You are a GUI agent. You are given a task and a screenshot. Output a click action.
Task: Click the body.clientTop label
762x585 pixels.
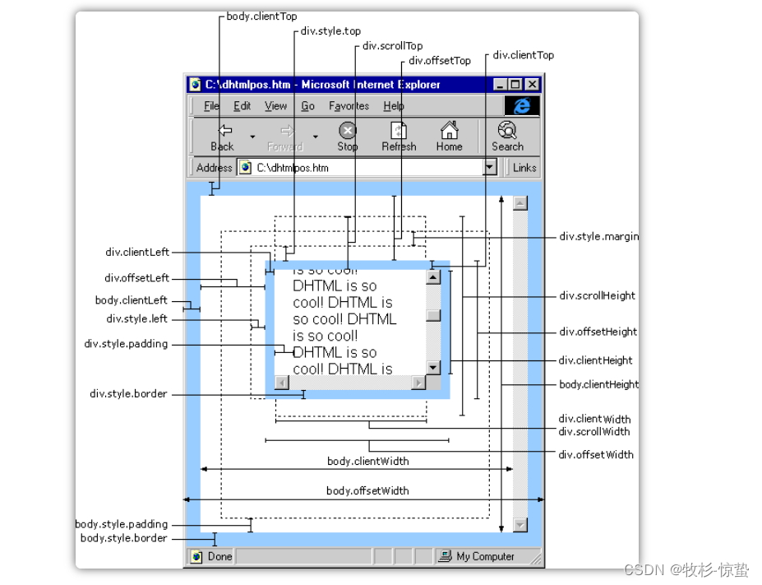click(261, 16)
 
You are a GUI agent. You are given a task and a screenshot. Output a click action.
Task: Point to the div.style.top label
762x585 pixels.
click(330, 31)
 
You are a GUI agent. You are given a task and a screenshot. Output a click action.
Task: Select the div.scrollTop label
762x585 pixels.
click(393, 46)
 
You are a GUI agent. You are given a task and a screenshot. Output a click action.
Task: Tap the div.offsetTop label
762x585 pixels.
click(440, 60)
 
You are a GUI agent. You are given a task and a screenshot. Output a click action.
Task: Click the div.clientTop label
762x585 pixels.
click(524, 55)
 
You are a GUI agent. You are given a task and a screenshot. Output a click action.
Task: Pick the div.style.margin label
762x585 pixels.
click(598, 236)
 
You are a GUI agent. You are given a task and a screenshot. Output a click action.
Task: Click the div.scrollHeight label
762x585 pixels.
click(597, 295)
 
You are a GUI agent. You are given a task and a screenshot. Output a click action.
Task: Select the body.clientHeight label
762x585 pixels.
click(598, 384)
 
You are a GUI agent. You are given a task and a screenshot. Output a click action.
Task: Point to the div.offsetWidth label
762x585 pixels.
click(596, 455)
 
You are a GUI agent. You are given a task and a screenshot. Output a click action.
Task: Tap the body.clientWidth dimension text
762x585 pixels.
click(368, 461)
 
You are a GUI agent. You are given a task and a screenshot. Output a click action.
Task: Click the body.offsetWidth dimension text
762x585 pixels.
click(367, 490)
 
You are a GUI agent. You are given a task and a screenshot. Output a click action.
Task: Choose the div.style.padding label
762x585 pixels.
click(126, 344)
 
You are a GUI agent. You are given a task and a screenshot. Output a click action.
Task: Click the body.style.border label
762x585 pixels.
click(124, 538)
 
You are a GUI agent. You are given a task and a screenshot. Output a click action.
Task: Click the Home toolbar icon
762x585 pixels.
click(449, 130)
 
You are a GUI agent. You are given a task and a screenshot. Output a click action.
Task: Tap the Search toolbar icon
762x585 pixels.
click(507, 130)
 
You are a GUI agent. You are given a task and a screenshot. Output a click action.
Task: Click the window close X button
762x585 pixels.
click(533, 85)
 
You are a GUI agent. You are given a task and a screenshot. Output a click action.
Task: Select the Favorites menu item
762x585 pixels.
click(349, 105)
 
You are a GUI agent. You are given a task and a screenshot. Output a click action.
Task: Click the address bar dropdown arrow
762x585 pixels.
click(489, 167)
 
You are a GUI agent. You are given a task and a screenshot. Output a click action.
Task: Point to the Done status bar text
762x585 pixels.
click(219, 556)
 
